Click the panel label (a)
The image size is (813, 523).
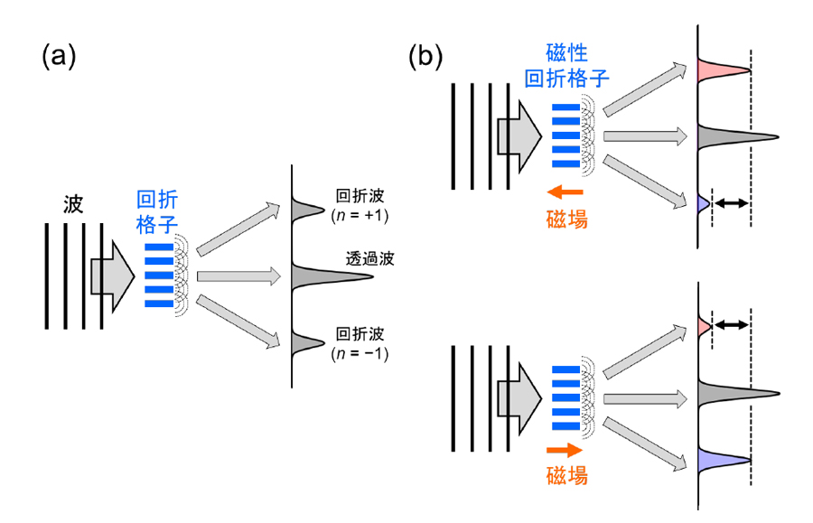59,56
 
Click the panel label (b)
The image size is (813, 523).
425,56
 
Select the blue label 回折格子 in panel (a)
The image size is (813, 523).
156,212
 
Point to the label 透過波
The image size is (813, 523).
369,257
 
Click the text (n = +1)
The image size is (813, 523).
360,215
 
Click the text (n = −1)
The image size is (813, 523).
360,352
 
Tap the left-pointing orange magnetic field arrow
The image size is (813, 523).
566,191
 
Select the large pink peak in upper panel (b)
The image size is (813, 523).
721,70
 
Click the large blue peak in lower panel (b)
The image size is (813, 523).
721,460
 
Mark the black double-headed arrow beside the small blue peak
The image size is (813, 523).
731,203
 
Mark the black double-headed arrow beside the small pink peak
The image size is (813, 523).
731,323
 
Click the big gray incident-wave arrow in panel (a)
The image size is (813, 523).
107,274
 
